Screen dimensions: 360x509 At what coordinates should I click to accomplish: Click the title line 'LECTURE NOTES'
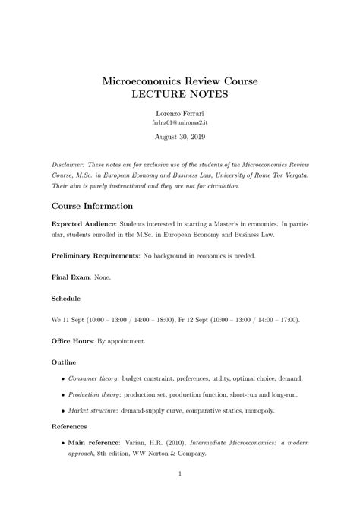click(179, 94)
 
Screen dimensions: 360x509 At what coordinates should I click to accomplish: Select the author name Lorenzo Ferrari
click(179, 112)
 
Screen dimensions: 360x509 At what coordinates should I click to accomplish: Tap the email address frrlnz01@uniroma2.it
click(179, 122)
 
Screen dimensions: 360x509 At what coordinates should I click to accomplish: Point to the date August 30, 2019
click(179, 137)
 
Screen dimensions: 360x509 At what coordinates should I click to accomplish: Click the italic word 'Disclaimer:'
click(69, 165)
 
